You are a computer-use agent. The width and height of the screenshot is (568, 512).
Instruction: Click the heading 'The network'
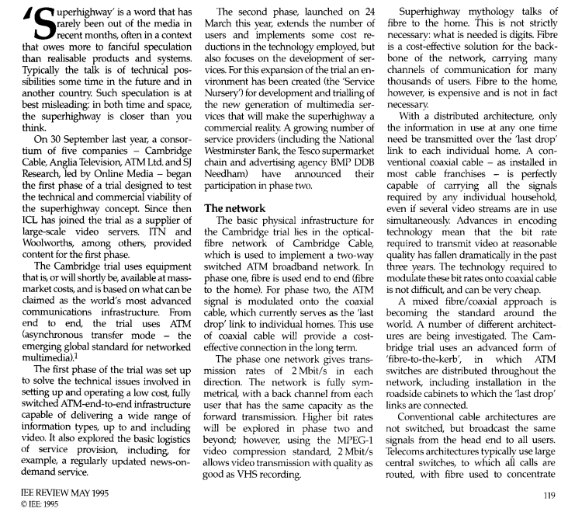(x=236, y=207)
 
